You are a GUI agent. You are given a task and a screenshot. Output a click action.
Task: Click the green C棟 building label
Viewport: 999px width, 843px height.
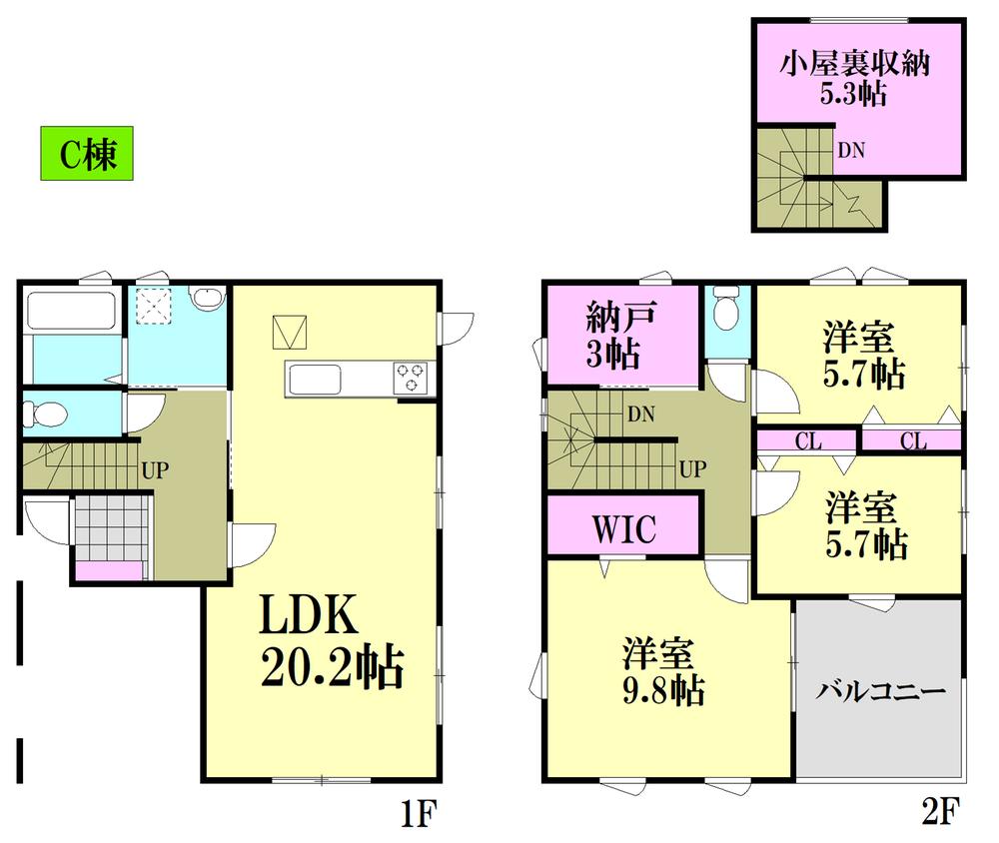point(87,153)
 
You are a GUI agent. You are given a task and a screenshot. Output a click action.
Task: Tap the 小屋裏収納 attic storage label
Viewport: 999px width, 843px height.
point(854,63)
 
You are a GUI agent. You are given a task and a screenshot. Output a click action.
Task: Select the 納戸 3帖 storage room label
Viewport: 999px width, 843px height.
point(613,336)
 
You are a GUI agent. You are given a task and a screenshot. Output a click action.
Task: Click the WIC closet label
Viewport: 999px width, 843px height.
point(623,528)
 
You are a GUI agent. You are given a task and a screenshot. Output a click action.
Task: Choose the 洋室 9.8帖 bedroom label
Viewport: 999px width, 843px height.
point(662,671)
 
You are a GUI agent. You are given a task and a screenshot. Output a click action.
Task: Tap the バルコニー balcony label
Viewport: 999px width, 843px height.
point(881,691)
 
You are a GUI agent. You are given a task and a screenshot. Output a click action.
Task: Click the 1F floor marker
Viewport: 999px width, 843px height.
point(418,812)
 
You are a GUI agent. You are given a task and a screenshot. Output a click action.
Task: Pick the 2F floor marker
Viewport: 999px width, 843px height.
point(940,811)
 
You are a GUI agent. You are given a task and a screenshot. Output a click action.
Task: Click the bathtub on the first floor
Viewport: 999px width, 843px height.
point(71,311)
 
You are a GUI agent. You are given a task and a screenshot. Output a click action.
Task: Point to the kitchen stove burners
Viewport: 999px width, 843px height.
point(411,378)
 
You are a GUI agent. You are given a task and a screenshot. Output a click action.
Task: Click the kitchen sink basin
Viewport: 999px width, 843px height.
point(316,381)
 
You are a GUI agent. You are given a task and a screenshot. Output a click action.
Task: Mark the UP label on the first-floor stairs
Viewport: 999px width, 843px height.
point(155,470)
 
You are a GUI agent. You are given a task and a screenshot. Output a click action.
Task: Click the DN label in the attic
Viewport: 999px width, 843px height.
point(851,151)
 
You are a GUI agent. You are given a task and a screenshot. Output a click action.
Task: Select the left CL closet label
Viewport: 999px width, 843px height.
point(808,440)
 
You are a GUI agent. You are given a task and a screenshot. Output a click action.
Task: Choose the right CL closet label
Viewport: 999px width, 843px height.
point(913,440)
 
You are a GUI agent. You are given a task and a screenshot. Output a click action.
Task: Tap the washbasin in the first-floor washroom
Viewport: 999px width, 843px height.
point(208,297)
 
